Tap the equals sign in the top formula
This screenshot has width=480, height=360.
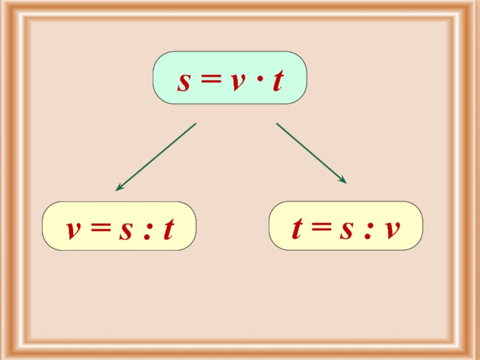(209, 82)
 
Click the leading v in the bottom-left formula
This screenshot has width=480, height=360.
(73, 230)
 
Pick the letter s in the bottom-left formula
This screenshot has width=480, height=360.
(126, 230)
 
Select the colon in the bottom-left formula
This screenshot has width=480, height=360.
(147, 230)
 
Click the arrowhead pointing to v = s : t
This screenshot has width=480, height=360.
(119, 188)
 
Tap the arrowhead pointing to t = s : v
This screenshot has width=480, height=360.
(343, 180)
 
